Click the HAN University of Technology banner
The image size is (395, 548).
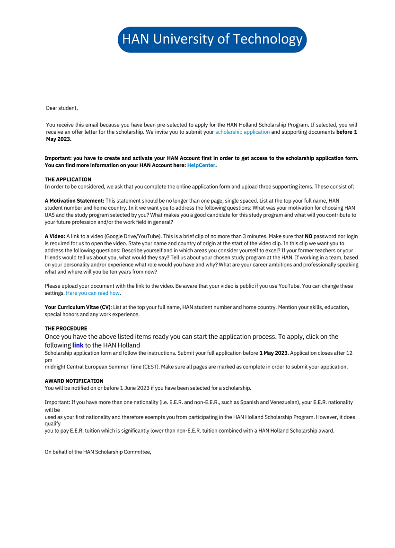tap(212, 39)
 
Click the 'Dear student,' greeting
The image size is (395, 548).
tap(61, 108)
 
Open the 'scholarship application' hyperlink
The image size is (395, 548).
tap(242, 132)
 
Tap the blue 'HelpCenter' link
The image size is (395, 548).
tap(201, 165)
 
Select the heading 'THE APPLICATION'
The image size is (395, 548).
tap(68, 180)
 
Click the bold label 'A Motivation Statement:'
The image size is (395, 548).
tap(74, 201)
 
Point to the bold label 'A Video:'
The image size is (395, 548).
tap(55, 236)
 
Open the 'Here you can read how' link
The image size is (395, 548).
tap(93, 293)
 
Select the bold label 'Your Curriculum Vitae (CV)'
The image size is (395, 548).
tap(78, 307)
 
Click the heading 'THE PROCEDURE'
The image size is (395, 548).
tap(66, 328)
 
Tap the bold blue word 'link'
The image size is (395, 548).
tap(78, 345)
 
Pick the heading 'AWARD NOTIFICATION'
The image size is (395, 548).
tap(74, 381)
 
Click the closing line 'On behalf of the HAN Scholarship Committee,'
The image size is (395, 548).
tap(98, 452)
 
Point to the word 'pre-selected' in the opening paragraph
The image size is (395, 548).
tap(174, 125)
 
